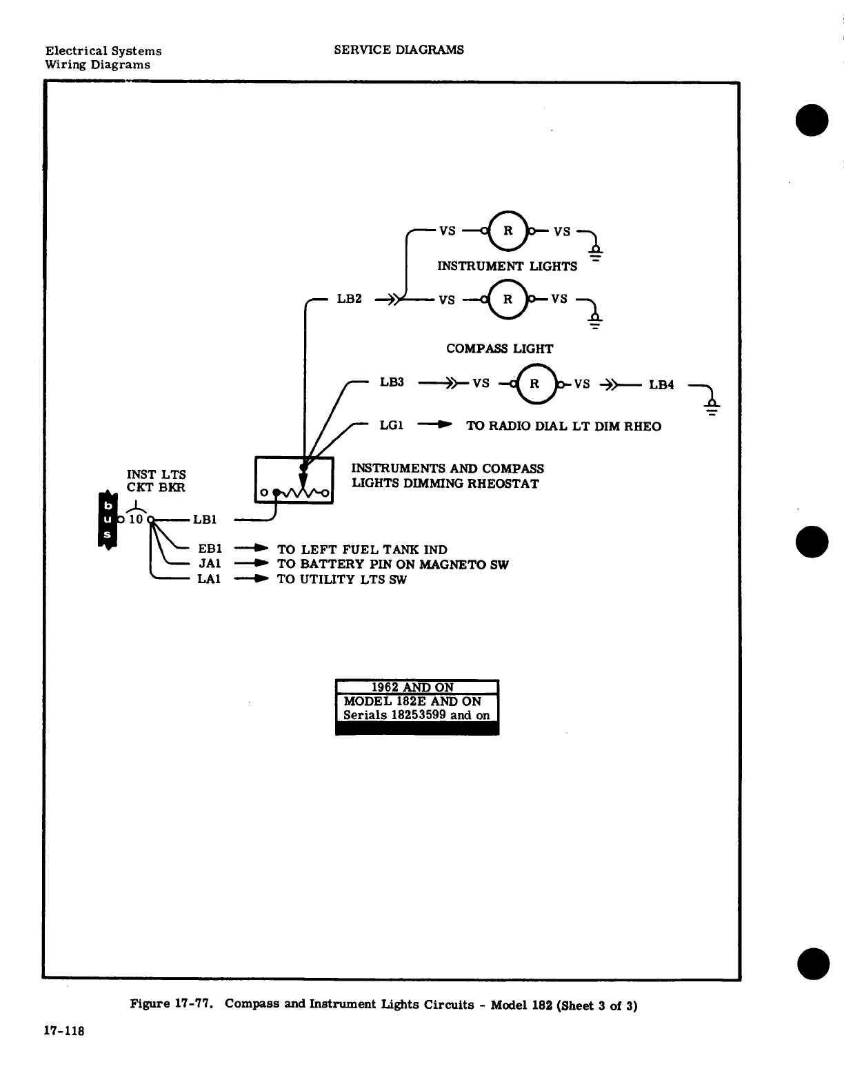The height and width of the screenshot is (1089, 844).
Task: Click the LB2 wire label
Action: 349,299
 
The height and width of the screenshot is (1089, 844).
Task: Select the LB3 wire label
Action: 392,382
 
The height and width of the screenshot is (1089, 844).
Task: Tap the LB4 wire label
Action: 661,384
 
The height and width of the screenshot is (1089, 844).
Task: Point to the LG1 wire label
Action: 391,425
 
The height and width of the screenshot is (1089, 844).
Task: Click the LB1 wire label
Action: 205,520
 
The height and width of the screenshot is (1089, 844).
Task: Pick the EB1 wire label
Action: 210,549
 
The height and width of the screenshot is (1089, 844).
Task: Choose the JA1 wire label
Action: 210,564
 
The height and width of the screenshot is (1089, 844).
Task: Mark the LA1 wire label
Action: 209,579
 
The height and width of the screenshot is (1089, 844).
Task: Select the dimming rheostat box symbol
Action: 294,480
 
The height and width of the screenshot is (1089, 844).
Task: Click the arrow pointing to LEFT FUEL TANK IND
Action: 251,549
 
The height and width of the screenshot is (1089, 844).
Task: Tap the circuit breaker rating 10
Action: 136,519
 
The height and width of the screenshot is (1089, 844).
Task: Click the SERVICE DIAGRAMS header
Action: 399,50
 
